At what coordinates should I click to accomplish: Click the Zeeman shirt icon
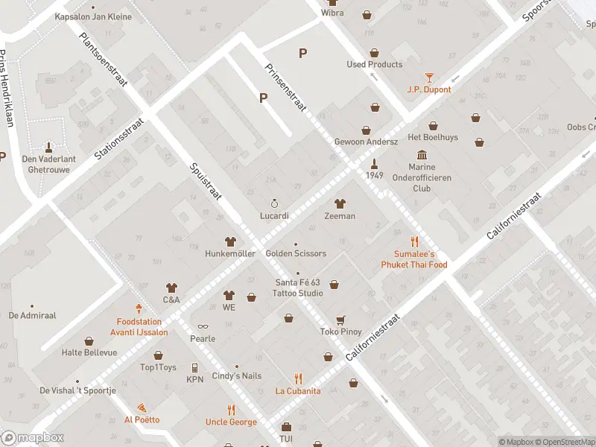[x=340, y=203]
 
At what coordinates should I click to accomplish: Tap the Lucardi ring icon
[x=274, y=203]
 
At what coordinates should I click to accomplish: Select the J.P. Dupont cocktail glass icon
[x=429, y=77]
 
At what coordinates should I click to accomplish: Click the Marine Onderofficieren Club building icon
[x=422, y=154]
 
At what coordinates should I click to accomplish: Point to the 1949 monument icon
[x=375, y=162]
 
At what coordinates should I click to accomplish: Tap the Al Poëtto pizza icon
[x=142, y=408]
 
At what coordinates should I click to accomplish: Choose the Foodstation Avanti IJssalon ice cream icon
[x=139, y=308]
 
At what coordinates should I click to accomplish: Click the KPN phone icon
[x=194, y=367]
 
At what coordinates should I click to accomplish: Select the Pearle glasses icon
[x=202, y=326]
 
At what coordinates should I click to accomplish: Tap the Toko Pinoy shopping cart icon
[x=340, y=320]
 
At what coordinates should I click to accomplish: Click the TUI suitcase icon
[x=286, y=428]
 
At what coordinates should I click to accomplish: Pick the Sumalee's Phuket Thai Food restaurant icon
[x=414, y=241]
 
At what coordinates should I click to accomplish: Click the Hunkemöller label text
[x=230, y=254]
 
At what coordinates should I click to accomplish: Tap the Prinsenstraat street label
[x=286, y=88]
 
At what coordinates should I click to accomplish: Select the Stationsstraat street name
[x=118, y=137]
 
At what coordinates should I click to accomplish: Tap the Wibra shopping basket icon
[x=367, y=13]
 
